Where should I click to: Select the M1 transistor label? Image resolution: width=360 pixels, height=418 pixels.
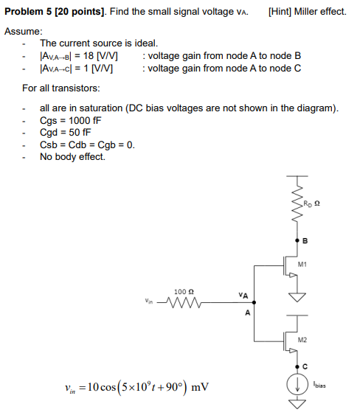click(x=302, y=263)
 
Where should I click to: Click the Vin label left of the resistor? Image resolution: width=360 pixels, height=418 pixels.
click(x=150, y=301)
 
